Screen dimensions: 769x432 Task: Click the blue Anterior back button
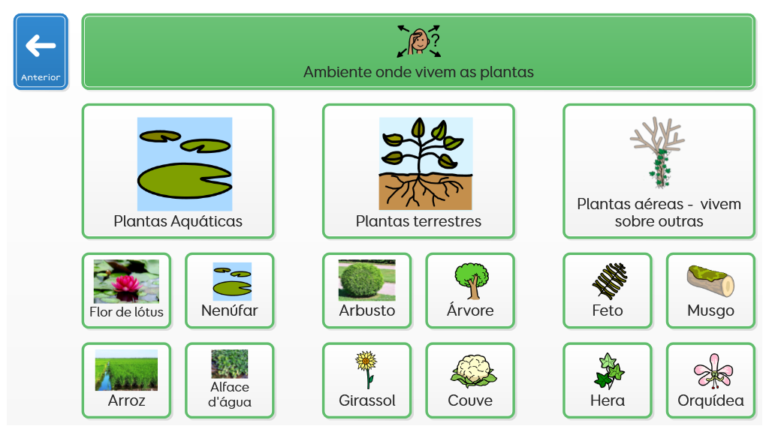coord(41,52)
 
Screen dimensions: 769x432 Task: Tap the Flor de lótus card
coord(126,290)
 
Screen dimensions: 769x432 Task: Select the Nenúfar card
coord(230,290)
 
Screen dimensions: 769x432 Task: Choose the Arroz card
coord(126,380)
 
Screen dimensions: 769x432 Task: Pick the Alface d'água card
coord(230,380)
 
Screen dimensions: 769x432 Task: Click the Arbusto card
coord(366,290)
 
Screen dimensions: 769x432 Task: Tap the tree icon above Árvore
coord(471,280)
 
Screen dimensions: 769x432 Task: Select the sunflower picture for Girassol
coord(366,370)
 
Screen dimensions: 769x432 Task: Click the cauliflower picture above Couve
coord(473,370)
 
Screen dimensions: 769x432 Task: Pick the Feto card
coord(608,290)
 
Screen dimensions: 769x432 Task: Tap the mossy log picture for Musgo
coord(710,280)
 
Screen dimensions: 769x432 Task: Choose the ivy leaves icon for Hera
coord(608,370)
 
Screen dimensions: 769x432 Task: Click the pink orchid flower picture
coord(713,370)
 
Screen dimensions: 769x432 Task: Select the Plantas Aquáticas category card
coord(178,172)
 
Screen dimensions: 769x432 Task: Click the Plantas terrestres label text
coord(418,221)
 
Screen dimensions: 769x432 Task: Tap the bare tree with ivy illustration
coord(657,152)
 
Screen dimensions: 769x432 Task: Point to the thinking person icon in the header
coord(419,41)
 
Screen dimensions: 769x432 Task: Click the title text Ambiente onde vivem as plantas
coord(418,72)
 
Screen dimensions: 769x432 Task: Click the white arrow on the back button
coord(41,46)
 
